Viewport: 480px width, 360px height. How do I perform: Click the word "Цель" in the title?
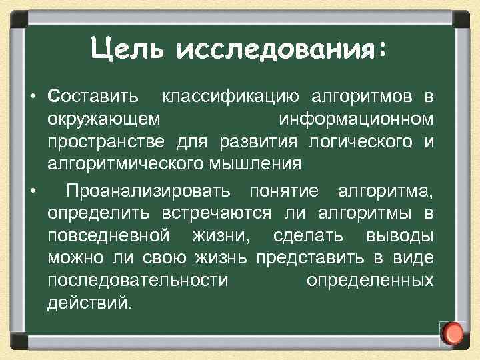(x=125, y=48)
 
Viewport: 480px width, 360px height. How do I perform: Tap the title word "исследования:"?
(x=281, y=48)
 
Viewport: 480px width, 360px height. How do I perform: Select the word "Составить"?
(x=94, y=97)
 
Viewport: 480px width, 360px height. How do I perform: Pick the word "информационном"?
(x=356, y=119)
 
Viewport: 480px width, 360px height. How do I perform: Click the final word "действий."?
(x=90, y=302)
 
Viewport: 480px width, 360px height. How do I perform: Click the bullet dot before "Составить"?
(x=32, y=97)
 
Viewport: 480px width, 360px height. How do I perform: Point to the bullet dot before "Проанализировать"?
(x=32, y=192)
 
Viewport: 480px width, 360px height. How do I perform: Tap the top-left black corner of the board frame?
(x=15, y=15)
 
